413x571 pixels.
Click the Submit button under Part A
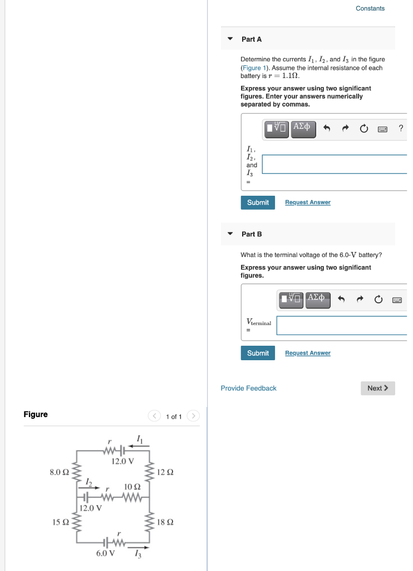258,202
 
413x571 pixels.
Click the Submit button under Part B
258,353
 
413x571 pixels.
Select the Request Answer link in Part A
307,202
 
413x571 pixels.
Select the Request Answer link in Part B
307,353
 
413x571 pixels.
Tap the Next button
378,388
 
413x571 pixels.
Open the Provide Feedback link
248,388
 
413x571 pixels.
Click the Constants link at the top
370,8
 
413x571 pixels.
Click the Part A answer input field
334,164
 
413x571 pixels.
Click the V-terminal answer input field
341,326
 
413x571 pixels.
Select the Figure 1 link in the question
252,67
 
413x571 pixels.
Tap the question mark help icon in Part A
401,129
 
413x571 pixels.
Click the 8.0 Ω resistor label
59,472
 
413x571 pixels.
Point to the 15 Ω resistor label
60,522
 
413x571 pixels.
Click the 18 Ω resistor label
165,522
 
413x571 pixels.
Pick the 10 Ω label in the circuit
132,487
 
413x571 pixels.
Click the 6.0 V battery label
106,553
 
